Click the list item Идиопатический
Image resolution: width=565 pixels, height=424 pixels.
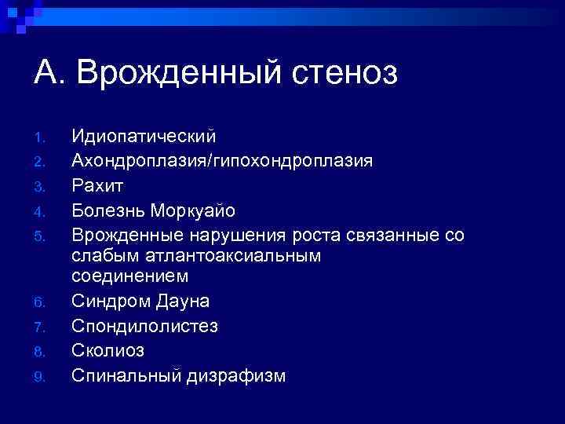[144, 137]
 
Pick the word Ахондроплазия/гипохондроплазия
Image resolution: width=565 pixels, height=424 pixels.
[222, 161]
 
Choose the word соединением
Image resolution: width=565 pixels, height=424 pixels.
[130, 276]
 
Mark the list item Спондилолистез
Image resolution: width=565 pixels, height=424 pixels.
[145, 326]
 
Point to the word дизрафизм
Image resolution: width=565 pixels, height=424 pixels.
[236, 375]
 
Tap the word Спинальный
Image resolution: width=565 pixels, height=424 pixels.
[126, 375]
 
